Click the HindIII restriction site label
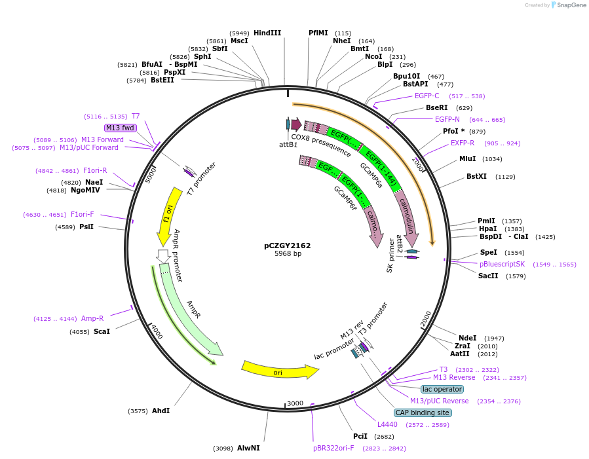click(x=267, y=33)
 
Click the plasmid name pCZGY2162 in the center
click(x=288, y=246)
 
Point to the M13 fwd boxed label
click(x=119, y=128)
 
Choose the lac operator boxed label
click(x=442, y=389)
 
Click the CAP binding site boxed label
click(x=423, y=413)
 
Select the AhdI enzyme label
click(x=161, y=411)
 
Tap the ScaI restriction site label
click(x=102, y=331)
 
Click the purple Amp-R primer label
click(x=92, y=318)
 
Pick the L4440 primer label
click(x=387, y=424)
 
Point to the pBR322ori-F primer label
click(x=333, y=448)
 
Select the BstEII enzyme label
click(x=162, y=80)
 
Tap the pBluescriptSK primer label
click(x=503, y=264)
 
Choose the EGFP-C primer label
click(x=427, y=96)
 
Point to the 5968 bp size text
click(x=288, y=253)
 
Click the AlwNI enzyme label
click(x=248, y=448)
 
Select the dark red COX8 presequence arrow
click(x=296, y=124)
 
